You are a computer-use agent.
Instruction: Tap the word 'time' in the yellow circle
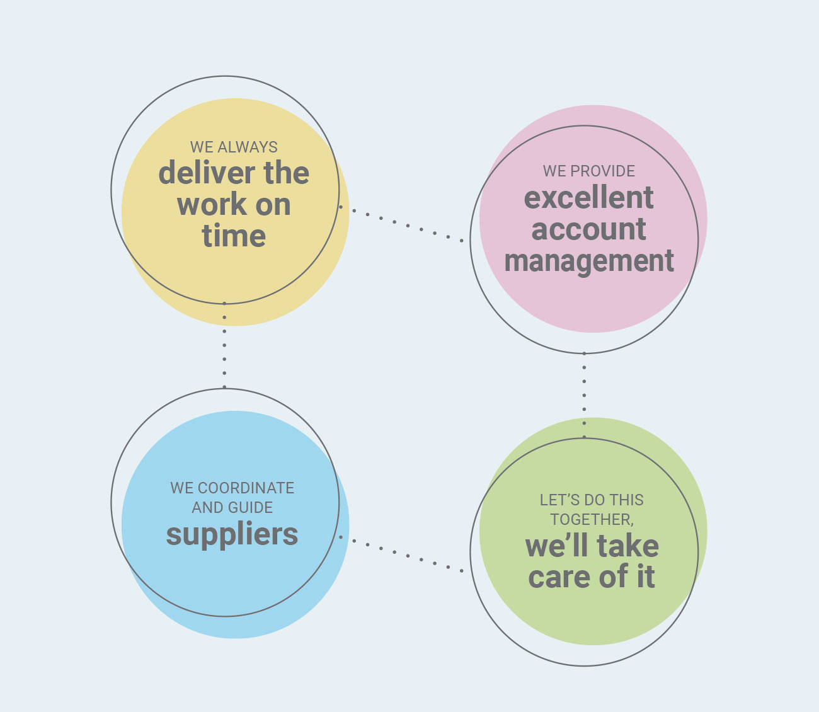(x=234, y=236)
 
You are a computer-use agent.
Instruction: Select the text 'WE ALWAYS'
(x=234, y=147)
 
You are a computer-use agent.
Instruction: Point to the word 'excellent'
(x=588, y=198)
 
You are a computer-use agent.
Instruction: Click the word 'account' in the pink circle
(x=588, y=229)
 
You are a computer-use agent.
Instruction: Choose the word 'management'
(x=589, y=261)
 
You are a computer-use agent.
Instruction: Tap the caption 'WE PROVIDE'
(x=588, y=171)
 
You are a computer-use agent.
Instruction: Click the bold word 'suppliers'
(x=232, y=534)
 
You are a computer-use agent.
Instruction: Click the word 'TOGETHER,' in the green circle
(x=592, y=519)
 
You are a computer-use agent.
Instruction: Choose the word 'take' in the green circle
(x=627, y=546)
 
